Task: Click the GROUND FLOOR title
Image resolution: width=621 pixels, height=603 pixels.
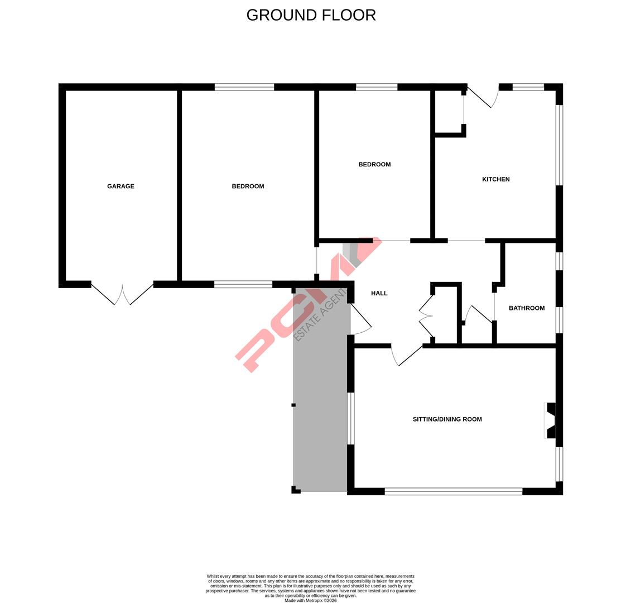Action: (311, 15)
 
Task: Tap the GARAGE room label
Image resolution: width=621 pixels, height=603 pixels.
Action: (121, 186)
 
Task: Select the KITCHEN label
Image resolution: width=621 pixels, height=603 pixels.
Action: (495, 179)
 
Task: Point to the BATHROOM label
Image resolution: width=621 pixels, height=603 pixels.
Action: (526, 308)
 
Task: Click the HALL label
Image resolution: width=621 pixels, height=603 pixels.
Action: (379, 293)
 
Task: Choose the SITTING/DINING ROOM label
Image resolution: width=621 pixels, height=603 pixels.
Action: (447, 419)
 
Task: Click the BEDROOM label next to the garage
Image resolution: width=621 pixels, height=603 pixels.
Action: (248, 186)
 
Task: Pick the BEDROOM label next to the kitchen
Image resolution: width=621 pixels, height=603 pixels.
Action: (374, 165)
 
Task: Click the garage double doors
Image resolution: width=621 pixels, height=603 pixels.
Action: (122, 294)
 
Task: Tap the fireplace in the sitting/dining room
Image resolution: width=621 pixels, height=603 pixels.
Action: (550, 420)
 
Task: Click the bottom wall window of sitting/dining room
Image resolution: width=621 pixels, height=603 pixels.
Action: (453, 491)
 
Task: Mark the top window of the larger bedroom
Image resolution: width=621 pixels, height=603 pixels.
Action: (244, 87)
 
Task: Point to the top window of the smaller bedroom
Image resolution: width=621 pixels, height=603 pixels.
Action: (377, 87)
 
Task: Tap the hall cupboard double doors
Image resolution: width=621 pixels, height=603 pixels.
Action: (426, 316)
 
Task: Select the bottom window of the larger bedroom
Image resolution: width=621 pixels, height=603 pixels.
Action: (243, 284)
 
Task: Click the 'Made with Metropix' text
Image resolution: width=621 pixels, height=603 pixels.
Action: (310, 601)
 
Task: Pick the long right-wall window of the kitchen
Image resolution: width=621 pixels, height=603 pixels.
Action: (559, 145)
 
